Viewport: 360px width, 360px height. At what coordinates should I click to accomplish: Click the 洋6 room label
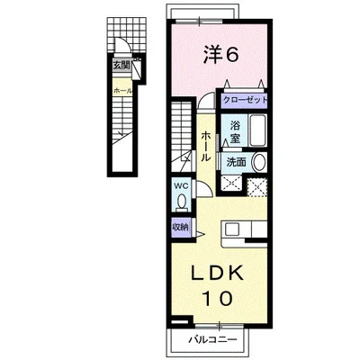[221, 55]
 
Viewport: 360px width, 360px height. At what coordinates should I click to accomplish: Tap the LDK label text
[217, 273]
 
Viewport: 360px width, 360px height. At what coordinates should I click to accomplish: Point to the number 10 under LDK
[218, 298]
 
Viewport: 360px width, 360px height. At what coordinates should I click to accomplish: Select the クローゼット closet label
[245, 100]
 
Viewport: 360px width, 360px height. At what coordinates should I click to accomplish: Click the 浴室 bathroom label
[235, 131]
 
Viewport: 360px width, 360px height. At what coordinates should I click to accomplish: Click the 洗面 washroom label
[237, 162]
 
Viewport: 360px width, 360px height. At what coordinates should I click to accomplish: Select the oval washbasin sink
[258, 162]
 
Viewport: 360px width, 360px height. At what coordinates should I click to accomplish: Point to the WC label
[181, 186]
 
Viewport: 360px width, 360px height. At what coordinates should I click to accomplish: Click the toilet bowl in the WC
[181, 201]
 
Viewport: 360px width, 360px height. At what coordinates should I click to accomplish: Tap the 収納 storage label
[181, 227]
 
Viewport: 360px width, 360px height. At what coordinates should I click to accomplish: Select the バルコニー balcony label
[212, 339]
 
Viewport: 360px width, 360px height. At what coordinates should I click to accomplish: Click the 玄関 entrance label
[121, 65]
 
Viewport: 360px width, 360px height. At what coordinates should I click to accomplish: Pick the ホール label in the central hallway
[205, 146]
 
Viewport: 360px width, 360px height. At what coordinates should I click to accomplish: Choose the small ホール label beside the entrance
[122, 91]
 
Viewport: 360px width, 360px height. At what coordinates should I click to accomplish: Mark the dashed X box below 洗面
[231, 184]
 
